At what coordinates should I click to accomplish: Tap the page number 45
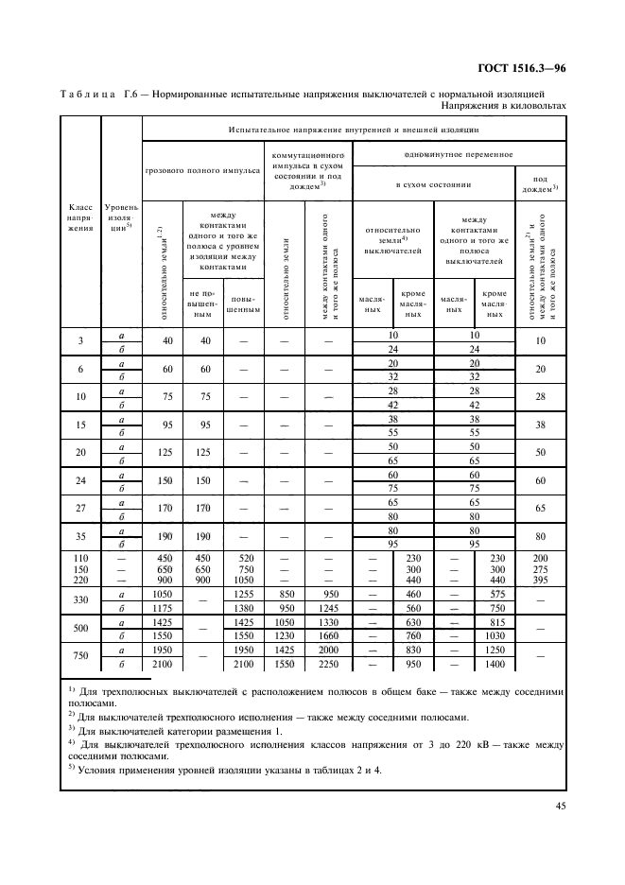(x=559, y=805)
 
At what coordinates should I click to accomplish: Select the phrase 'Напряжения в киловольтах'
(x=504, y=106)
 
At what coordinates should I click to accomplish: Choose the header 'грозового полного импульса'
(x=202, y=172)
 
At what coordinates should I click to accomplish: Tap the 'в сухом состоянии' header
(x=432, y=185)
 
